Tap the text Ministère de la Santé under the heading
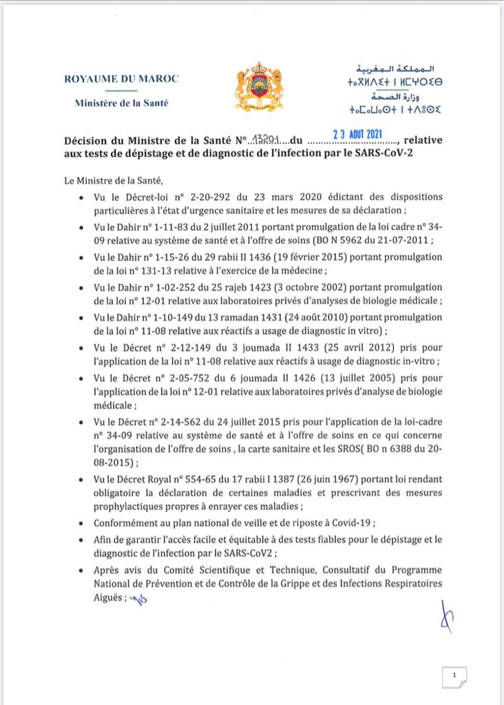[120, 103]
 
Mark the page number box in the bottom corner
[455, 676]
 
